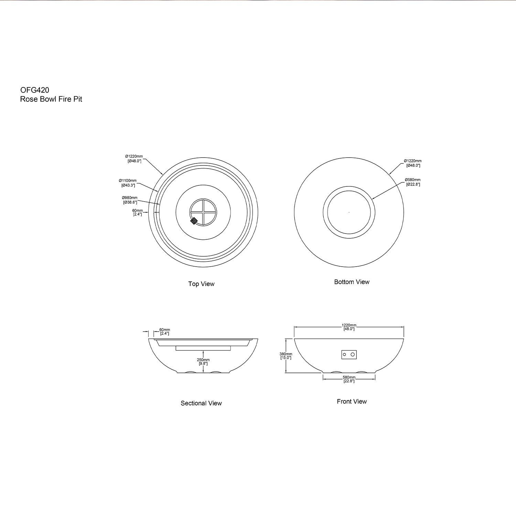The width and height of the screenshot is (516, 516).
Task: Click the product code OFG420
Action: click(34, 90)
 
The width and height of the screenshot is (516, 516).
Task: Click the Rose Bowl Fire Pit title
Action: click(51, 99)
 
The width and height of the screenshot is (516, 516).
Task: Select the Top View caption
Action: click(201, 284)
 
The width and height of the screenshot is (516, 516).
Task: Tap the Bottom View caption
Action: click(352, 282)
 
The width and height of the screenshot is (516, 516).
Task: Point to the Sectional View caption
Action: click(201, 403)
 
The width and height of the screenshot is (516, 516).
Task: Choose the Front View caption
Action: click(352, 401)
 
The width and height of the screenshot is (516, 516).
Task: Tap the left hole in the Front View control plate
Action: click(345, 354)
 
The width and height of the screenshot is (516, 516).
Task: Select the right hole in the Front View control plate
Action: click(353, 354)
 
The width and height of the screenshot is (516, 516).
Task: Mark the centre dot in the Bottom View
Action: click(349, 212)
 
